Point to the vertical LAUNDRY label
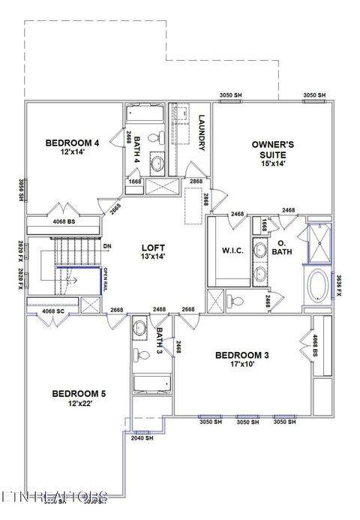tap(202, 133)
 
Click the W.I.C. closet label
tap(231, 251)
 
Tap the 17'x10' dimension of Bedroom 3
tap(241, 365)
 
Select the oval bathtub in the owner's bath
tap(317, 287)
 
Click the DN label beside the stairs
tap(107, 245)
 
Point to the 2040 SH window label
tap(142, 437)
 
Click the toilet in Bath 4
tap(156, 138)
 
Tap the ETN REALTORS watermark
tap(54, 497)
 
